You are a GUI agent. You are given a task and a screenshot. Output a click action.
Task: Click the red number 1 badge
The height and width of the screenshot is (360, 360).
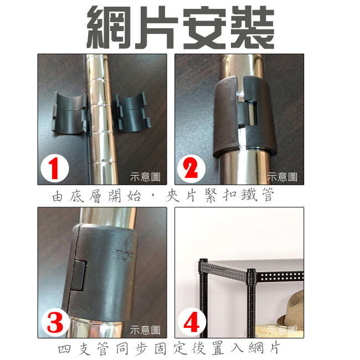click(x=55, y=169)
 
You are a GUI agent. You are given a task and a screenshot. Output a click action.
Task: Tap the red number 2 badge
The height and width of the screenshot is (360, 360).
click(x=191, y=169)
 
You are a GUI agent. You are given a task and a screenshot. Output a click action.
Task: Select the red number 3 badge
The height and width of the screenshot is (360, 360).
click(x=55, y=322)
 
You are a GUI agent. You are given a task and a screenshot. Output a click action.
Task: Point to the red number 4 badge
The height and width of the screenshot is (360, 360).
click(x=192, y=322)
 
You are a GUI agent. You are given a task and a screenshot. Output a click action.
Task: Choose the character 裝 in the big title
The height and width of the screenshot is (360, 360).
click(x=252, y=27)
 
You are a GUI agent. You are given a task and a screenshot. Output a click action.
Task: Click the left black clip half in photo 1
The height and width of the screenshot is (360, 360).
click(x=69, y=112)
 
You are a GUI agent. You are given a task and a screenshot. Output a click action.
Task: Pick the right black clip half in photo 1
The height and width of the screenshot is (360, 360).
click(x=132, y=112)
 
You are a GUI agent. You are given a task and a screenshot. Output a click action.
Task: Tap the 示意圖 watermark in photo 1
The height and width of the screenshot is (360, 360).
click(x=145, y=177)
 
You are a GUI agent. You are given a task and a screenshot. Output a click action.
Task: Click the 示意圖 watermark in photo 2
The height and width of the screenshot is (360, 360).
click(x=282, y=177)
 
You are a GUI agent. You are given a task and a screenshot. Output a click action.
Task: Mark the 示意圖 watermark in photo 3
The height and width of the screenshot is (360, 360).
click(x=145, y=330)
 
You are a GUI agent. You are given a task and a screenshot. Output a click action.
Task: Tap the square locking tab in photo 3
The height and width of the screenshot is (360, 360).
click(x=79, y=275)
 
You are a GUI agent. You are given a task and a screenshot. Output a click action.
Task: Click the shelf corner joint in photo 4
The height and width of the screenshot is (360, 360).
click(x=251, y=277)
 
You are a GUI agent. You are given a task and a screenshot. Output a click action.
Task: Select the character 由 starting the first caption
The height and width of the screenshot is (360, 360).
click(x=57, y=197)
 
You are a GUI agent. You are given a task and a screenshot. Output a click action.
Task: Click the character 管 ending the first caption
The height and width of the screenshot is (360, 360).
click(x=268, y=195)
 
